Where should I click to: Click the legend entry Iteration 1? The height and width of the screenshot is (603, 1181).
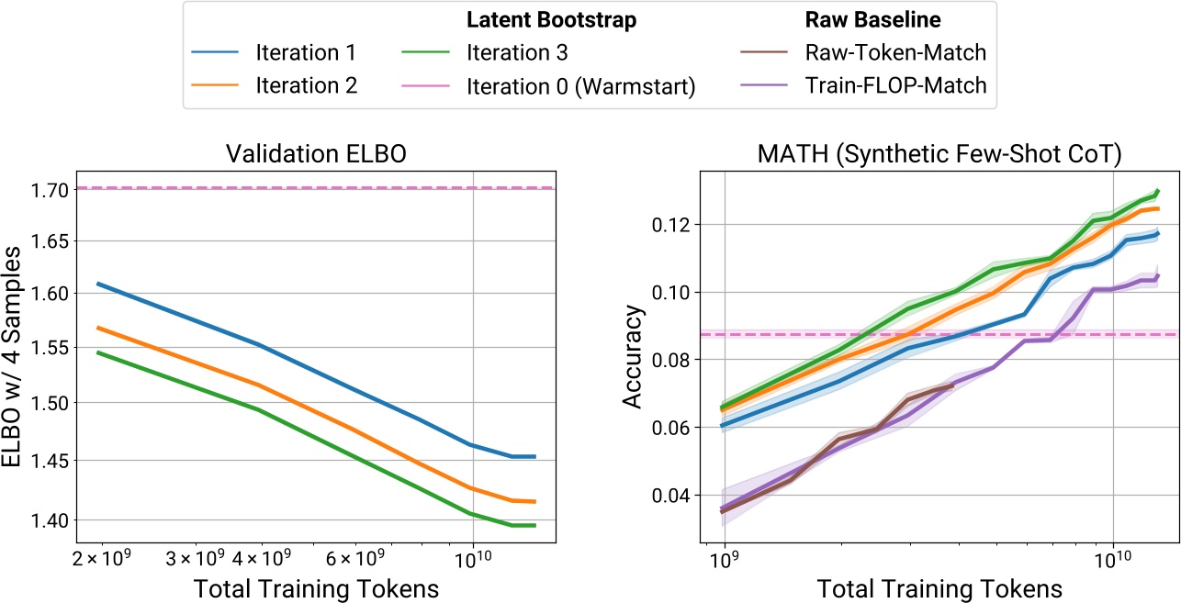click(x=305, y=51)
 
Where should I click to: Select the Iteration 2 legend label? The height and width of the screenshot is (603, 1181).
click(x=305, y=84)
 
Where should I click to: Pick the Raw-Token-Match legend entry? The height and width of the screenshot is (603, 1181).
click(x=896, y=51)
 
